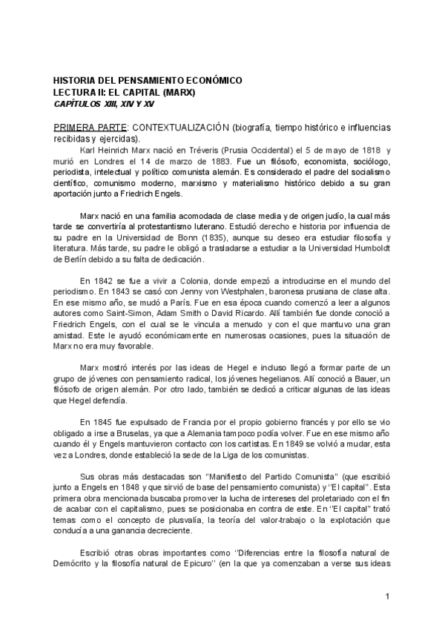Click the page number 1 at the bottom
(x=388, y=596)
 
